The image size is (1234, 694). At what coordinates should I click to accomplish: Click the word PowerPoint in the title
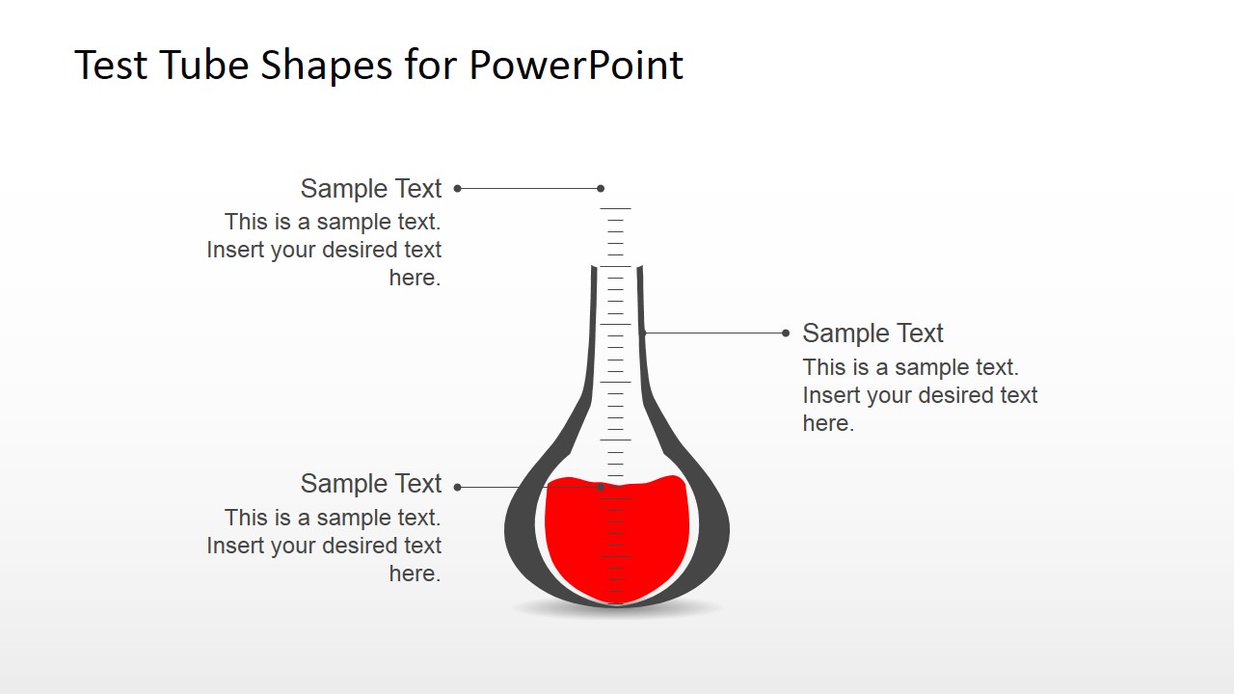tap(576, 66)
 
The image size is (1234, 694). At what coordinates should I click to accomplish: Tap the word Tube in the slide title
tap(190, 66)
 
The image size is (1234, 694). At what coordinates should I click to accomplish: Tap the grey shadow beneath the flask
tap(617, 609)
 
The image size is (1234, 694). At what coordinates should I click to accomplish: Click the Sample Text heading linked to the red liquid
tap(371, 483)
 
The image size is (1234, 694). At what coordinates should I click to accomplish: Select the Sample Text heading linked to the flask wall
tap(872, 334)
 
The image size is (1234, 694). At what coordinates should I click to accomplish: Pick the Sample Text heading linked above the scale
tap(371, 188)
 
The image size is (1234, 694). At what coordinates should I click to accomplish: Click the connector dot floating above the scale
tap(601, 189)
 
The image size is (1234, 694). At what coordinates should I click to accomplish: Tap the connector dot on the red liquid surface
tap(601, 487)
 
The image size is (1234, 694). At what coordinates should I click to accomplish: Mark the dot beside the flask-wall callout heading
tap(786, 334)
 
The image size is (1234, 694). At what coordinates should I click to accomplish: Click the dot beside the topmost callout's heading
tap(457, 189)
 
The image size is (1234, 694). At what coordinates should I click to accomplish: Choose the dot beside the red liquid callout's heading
tap(457, 487)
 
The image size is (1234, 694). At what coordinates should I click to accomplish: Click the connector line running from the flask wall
tap(713, 334)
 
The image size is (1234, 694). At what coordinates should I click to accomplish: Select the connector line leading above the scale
tap(528, 189)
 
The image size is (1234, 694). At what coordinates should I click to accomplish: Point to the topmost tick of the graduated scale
tap(615, 208)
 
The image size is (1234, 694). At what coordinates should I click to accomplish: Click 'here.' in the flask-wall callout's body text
tap(828, 423)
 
